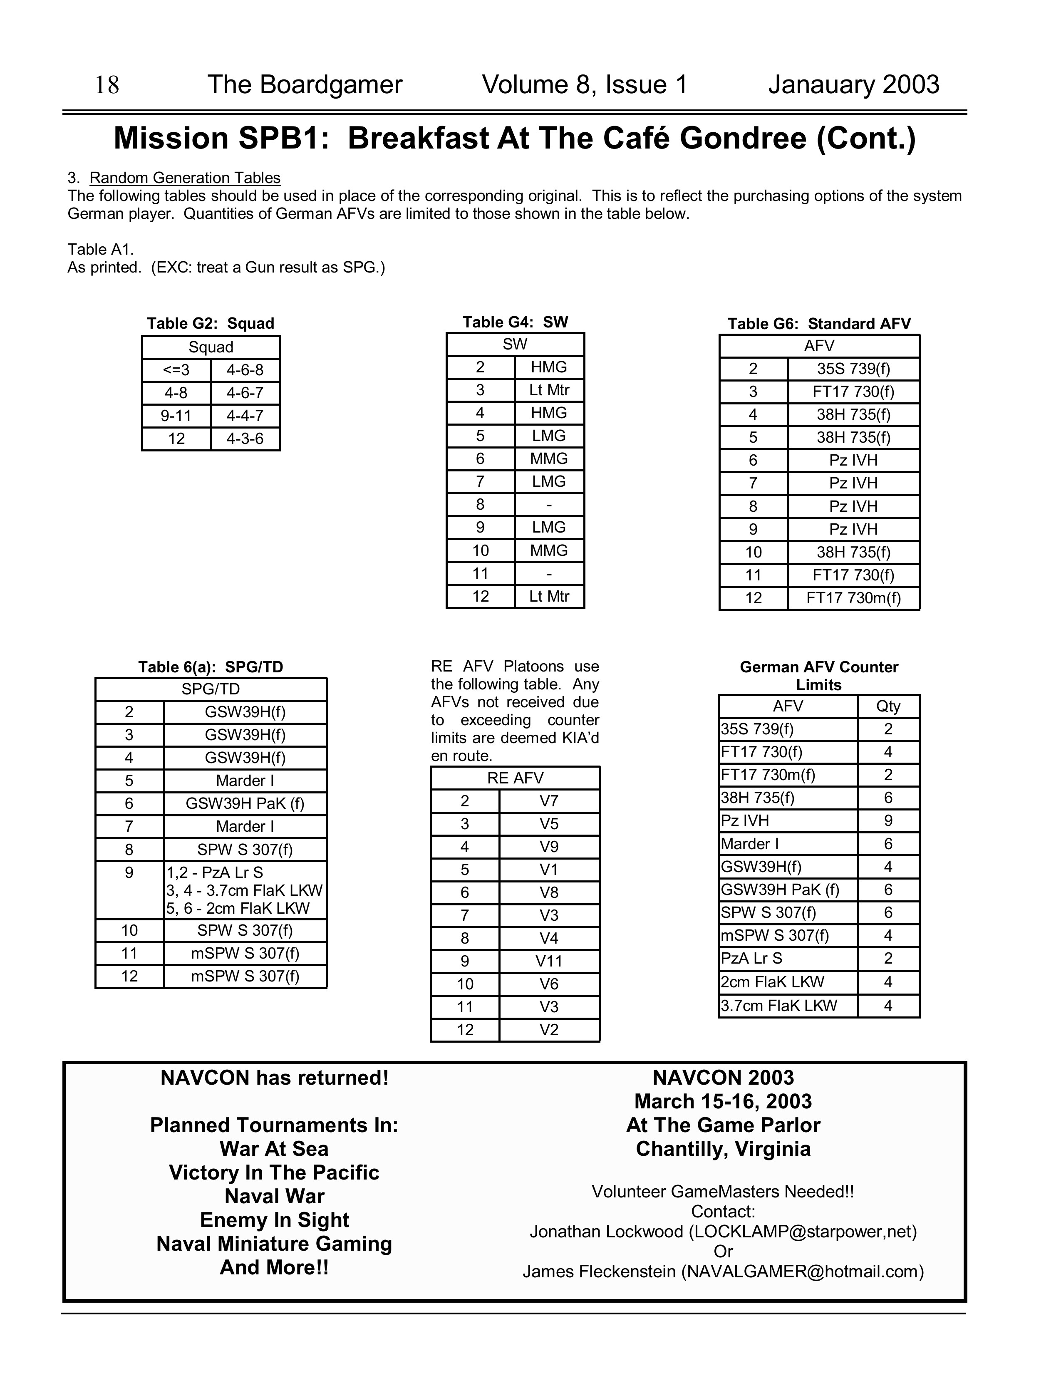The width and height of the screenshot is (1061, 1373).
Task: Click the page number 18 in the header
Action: tap(107, 85)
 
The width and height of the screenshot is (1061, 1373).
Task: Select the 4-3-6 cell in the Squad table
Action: tap(245, 439)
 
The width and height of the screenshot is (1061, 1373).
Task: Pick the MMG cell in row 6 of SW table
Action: tap(549, 459)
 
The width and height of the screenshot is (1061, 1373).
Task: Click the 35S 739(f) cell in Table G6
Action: tap(853, 369)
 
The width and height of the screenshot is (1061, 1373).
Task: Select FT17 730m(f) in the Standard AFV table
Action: tap(853, 598)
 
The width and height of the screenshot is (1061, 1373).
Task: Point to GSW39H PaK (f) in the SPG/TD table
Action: tap(245, 804)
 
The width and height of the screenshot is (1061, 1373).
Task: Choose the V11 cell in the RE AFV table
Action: tap(549, 961)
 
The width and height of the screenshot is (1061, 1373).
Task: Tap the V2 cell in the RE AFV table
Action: tap(549, 1030)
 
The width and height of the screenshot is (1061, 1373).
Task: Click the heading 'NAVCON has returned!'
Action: tap(275, 1078)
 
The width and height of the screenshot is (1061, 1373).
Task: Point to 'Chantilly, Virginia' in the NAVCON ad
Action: tap(723, 1149)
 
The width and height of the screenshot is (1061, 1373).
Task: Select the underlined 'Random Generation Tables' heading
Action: tap(185, 178)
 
